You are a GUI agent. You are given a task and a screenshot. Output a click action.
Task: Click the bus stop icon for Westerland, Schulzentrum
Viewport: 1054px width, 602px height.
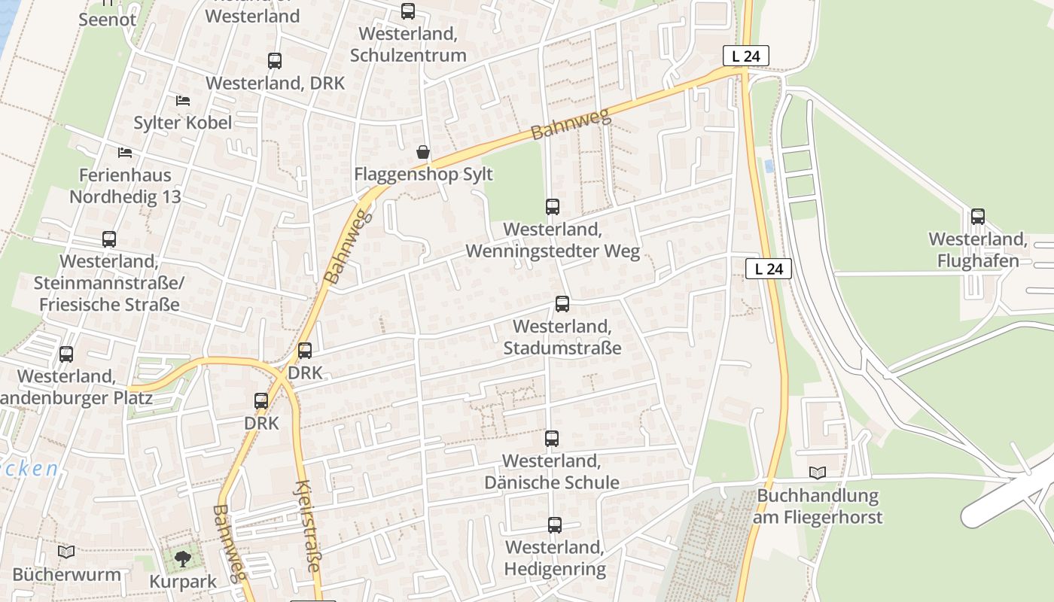point(408,11)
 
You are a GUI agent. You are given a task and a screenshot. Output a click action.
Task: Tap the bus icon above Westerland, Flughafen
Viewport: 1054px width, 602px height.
point(978,217)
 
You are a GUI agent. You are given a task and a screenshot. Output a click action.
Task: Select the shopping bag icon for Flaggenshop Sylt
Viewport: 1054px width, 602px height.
point(424,153)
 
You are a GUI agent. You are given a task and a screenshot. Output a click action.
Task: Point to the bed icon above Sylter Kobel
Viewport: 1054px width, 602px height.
point(183,100)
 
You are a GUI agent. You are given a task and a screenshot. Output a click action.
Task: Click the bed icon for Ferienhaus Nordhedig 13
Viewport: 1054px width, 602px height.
point(125,153)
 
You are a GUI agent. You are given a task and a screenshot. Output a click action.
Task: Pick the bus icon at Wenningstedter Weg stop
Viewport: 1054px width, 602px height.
point(553,207)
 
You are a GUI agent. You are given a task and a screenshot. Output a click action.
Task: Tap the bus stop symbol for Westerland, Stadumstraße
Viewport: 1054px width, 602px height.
point(562,304)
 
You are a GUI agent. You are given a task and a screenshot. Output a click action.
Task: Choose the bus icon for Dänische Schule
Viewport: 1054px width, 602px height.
point(552,439)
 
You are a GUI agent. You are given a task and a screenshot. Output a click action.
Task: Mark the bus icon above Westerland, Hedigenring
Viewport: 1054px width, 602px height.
point(555,525)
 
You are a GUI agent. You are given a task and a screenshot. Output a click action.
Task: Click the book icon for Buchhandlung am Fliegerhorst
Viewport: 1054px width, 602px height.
point(818,473)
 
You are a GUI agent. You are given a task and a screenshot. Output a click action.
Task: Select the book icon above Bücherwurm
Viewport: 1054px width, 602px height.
point(66,552)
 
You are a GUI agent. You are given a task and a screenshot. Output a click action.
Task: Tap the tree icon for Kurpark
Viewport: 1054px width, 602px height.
point(182,558)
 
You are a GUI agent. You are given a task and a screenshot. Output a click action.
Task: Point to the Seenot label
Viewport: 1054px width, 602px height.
point(108,20)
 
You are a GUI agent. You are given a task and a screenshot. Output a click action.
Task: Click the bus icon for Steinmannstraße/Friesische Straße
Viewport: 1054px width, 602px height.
point(109,239)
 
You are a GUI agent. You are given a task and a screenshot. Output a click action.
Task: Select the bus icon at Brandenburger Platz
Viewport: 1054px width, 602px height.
point(66,354)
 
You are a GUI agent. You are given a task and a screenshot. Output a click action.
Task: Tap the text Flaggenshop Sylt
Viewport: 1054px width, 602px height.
point(424,175)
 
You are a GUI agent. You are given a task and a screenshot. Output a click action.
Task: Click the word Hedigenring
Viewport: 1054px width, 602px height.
point(555,569)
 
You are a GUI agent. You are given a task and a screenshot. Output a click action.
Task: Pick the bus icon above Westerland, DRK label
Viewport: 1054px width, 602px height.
point(275,61)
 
